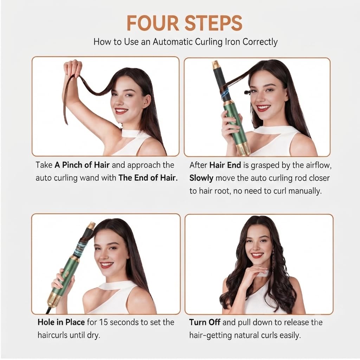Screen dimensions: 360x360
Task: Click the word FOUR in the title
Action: (153, 23)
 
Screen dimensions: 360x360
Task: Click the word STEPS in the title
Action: (213, 23)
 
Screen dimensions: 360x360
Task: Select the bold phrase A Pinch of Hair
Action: (82, 165)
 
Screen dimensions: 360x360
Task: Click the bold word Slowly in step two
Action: (201, 178)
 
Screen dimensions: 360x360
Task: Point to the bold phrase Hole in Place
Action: (61, 322)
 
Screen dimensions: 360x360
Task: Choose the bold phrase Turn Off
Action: (205, 322)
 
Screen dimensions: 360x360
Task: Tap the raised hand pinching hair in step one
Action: (72, 68)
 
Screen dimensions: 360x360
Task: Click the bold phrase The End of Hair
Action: (148, 178)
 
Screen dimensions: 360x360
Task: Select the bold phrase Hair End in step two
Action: (225, 165)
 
